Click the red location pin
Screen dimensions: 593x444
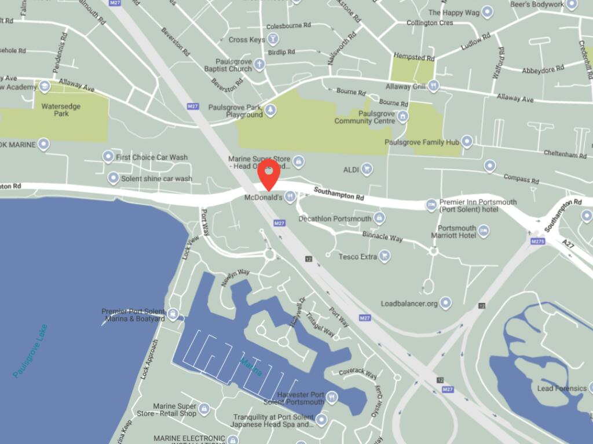(269, 173)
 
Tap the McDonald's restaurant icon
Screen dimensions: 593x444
(290, 198)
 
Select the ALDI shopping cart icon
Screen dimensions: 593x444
(367, 169)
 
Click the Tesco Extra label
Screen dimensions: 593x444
(357, 257)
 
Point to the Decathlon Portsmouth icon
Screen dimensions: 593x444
(379, 218)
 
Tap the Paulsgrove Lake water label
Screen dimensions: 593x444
(30, 351)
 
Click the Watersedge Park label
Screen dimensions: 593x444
(60, 110)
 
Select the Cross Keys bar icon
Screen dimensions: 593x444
(272, 39)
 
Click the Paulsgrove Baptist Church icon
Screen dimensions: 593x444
(259, 64)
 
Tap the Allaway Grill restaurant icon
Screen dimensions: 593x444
(433, 87)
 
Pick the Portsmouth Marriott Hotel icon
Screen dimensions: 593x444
(484, 231)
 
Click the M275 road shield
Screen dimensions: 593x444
(537, 241)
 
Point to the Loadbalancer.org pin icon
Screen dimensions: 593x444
(445, 303)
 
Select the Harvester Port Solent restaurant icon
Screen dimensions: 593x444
(331, 397)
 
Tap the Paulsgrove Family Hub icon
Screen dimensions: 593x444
(467, 142)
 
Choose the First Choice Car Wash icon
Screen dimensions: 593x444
(108, 157)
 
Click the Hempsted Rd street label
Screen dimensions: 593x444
(413, 58)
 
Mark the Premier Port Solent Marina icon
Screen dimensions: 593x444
(173, 314)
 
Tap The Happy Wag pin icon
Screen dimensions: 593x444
(487, 12)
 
